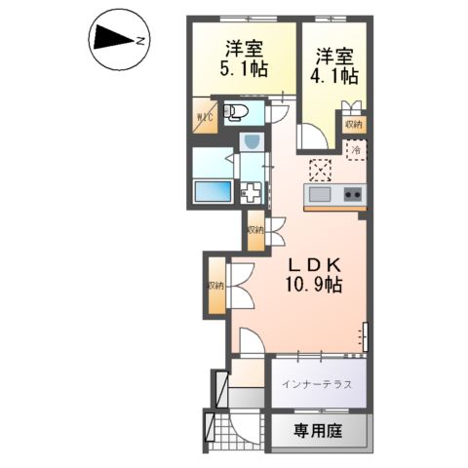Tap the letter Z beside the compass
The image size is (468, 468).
point(141,40)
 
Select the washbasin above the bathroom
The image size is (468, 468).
point(251,142)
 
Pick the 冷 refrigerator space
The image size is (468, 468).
point(356,152)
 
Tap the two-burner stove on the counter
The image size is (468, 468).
point(352,194)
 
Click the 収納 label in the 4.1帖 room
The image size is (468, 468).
point(352,124)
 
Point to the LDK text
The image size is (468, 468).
point(312,263)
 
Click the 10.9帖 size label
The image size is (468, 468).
point(312,285)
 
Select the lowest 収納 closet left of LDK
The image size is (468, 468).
point(214,286)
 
